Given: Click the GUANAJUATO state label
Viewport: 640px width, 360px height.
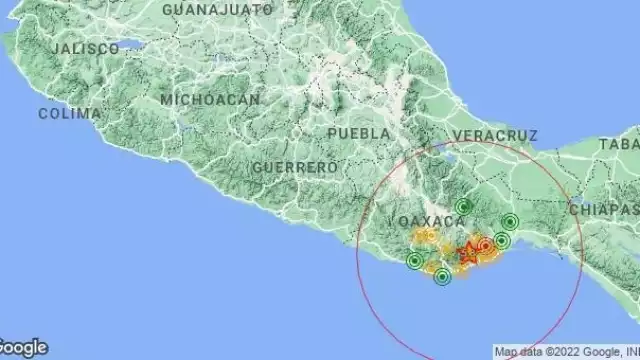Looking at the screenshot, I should tap(216, 9).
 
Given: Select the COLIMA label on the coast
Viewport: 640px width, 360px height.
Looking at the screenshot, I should tap(70, 113).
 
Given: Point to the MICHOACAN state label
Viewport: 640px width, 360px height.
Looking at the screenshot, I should tap(210, 99).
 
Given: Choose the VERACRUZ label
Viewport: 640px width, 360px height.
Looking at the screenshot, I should tap(494, 134).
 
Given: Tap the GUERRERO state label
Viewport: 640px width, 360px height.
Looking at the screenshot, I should tap(294, 167).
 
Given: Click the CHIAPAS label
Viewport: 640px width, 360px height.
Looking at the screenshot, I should tap(604, 209).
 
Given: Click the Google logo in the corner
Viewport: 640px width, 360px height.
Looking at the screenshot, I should tap(23, 348).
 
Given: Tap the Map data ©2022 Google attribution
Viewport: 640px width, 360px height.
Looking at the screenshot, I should tap(565, 352).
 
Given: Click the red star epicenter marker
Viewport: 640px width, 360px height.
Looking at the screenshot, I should tap(468, 254).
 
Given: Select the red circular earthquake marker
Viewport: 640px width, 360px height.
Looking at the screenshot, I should tap(485, 244).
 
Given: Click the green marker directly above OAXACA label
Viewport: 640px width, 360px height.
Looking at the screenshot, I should tap(463, 207).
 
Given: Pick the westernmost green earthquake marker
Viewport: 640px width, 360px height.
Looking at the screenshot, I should tap(415, 262).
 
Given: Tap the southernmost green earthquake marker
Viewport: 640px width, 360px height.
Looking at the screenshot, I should tap(442, 277).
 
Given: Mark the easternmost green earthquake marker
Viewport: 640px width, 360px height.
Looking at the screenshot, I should tap(510, 222).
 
